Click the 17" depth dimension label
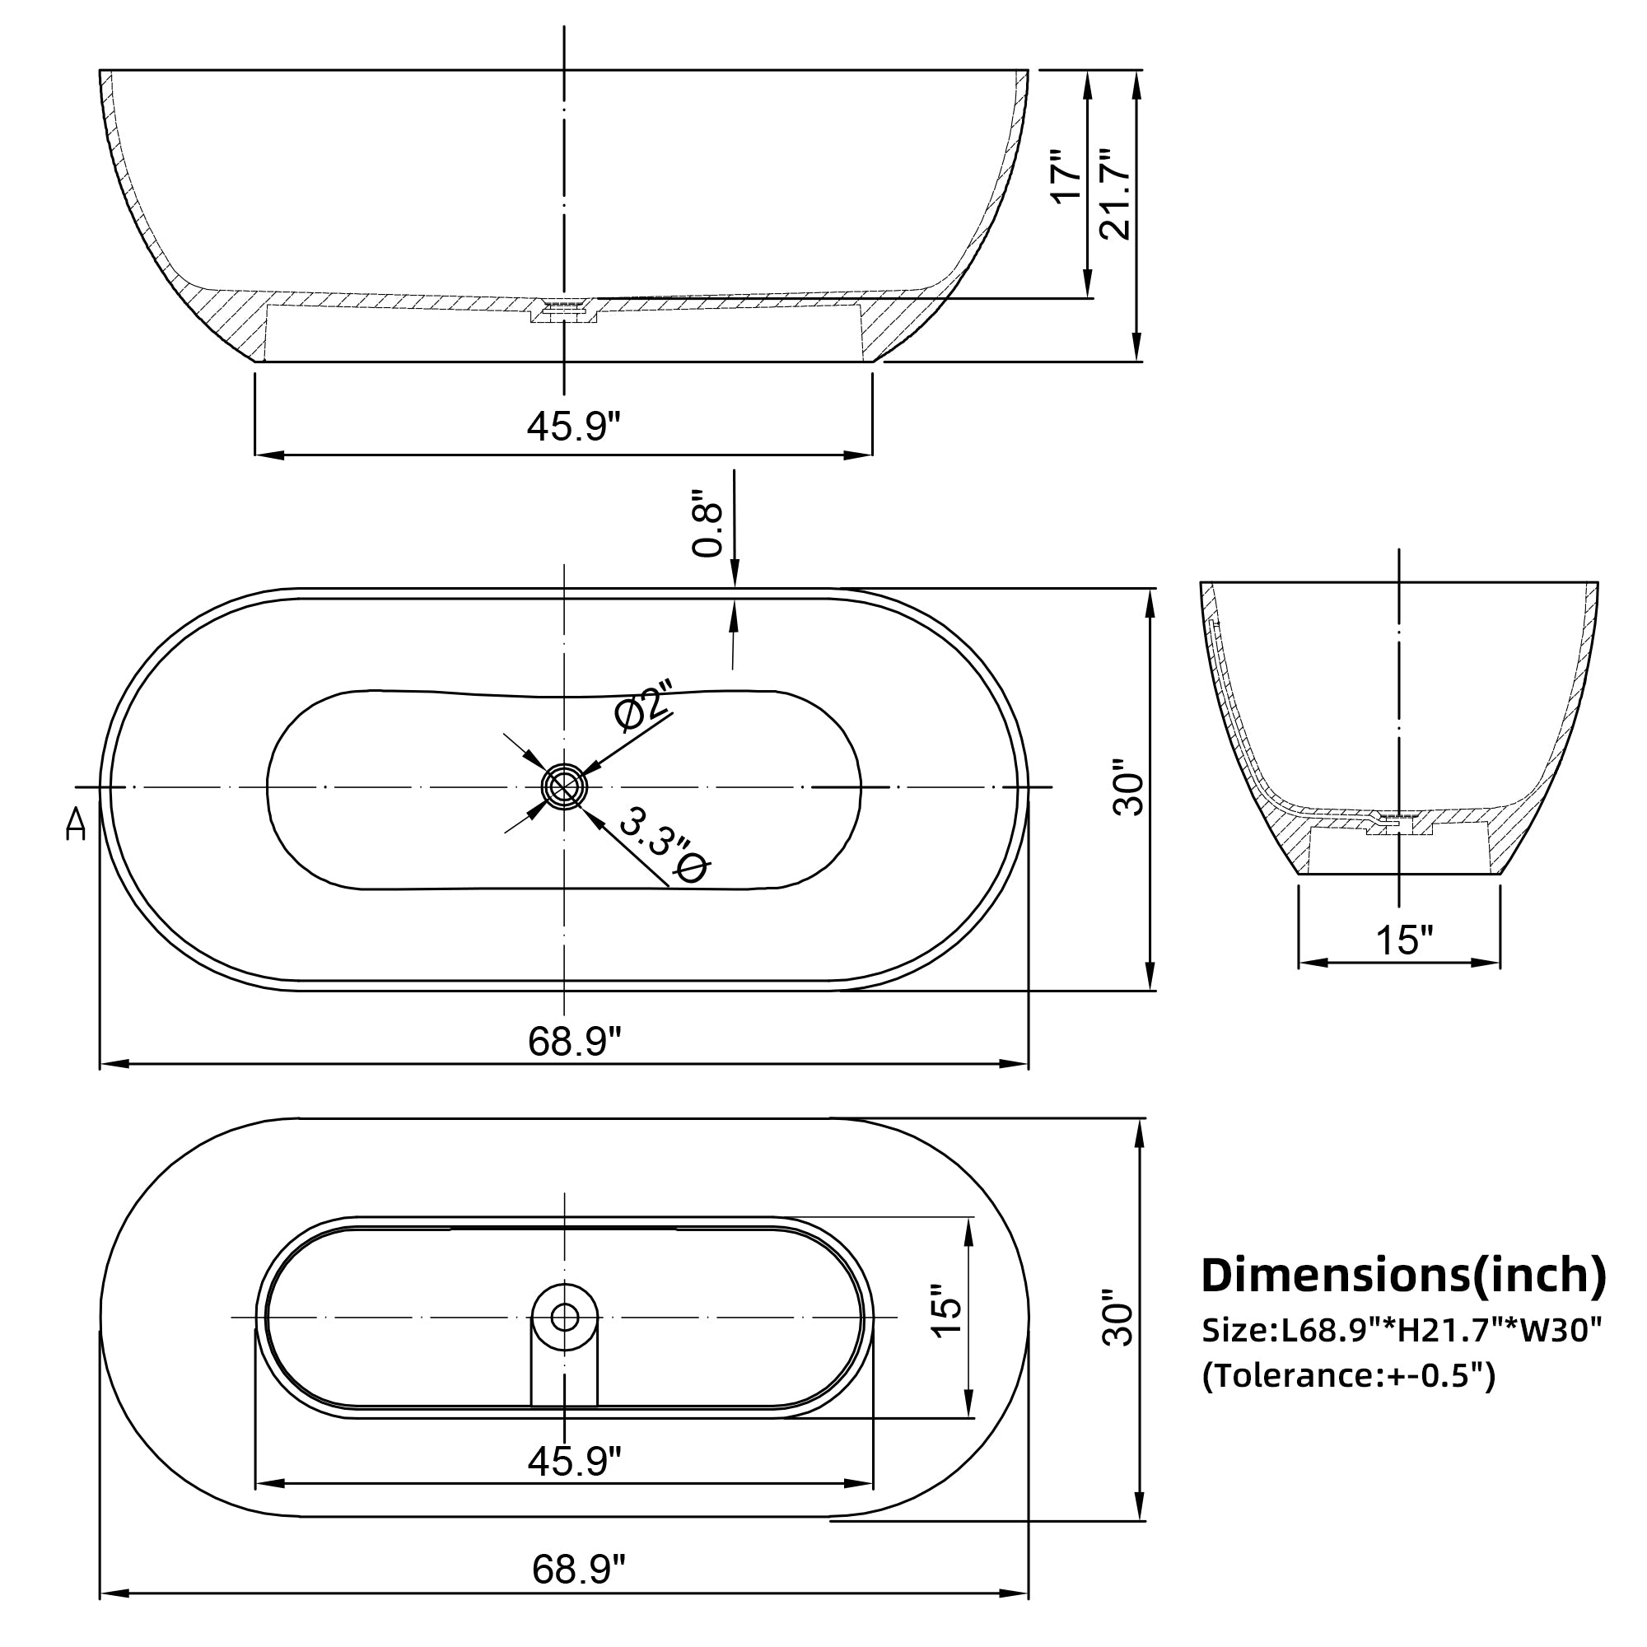click(1066, 176)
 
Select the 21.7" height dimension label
click(1114, 194)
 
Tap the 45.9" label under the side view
click(574, 426)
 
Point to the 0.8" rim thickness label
click(707, 525)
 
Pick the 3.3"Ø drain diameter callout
click(664, 847)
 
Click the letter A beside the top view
click(76, 824)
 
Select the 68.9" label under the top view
click(575, 1041)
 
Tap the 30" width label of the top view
click(1129, 789)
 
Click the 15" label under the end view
click(1405, 940)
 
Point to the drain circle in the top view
click(564, 786)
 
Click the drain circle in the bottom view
click(564, 1317)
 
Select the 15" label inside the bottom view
click(946, 1310)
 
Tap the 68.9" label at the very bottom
click(579, 1569)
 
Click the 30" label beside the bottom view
click(1117, 1317)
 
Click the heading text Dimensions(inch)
click(1403, 1276)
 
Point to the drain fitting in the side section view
click(563, 310)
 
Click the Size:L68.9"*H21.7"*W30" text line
click(1402, 1329)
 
